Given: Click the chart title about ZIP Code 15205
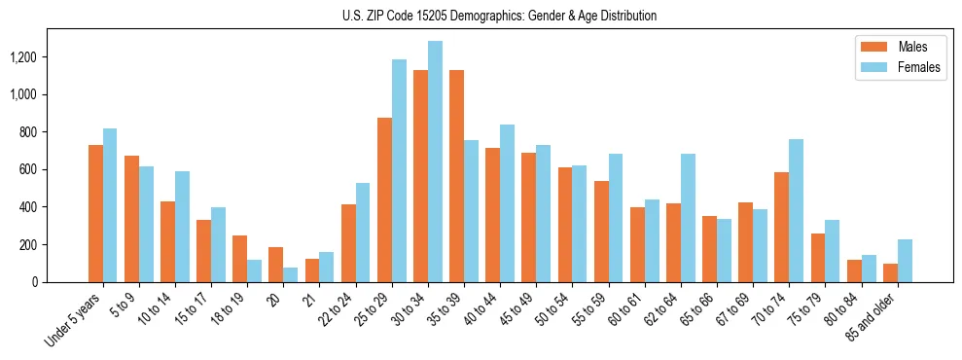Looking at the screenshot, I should coord(500,16).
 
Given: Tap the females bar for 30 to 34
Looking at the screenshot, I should coord(435,162).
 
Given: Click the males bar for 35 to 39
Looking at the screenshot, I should coord(456,176).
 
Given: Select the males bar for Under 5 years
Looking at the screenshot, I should coord(95,213).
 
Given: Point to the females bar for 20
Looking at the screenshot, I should coord(291,274).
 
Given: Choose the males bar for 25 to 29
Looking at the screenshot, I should coord(384,199).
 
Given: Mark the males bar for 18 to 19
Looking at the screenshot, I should coord(239,259).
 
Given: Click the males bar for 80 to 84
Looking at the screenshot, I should coord(854,270).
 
